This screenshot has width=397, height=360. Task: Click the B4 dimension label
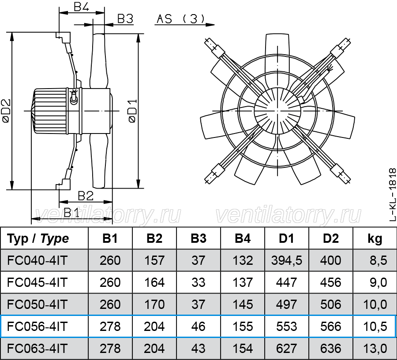click(81, 7)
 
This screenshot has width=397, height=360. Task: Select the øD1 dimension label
click(133, 111)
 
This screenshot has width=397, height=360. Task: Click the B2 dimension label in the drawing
click(86, 196)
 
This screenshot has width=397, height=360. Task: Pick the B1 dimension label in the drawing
click(71, 213)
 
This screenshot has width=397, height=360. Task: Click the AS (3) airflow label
click(180, 19)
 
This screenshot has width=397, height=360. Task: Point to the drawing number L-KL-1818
click(392, 194)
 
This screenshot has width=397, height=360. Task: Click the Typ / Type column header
click(38, 238)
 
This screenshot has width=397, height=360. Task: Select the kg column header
click(375, 238)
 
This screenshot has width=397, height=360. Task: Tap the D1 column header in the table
click(287, 238)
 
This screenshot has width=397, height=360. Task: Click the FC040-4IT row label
click(37, 260)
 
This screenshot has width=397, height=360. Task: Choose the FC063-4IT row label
click(37, 349)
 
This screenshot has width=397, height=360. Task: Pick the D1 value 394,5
click(287, 260)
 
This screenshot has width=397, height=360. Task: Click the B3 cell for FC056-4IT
click(198, 327)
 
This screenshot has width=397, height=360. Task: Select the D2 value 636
click(331, 349)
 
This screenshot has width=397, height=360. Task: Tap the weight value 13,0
click(375, 349)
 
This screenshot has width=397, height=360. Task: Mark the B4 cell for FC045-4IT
click(243, 282)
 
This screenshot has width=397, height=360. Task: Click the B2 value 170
click(154, 304)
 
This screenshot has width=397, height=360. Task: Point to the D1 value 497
click(287, 304)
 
